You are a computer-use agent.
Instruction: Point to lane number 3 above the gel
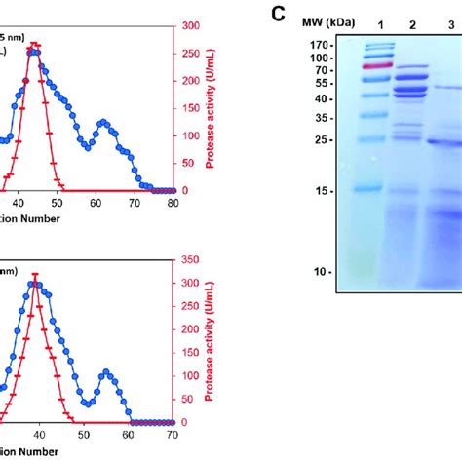[450, 21]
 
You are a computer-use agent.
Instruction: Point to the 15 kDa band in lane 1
[373, 188]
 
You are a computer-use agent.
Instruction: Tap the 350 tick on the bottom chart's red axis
[190, 260]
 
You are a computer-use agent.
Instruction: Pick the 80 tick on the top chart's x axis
[173, 203]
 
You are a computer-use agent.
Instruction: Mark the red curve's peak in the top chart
[35, 44]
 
